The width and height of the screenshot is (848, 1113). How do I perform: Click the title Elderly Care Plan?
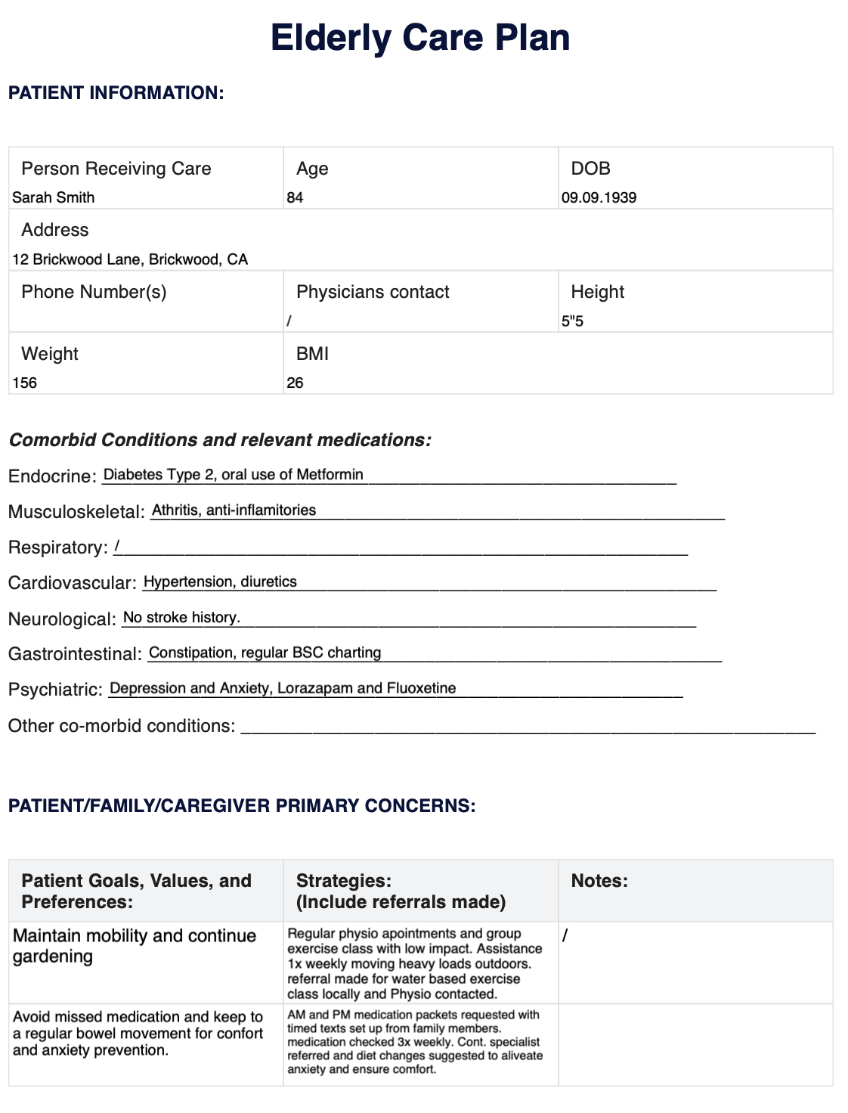click(420, 38)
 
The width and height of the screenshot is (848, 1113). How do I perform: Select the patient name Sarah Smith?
click(54, 198)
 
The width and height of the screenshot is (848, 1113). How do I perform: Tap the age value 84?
click(295, 198)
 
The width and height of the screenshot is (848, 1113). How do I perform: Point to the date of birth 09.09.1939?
click(599, 198)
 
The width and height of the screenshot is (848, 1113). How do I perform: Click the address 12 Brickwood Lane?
click(130, 260)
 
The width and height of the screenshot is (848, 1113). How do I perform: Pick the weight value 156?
click(25, 383)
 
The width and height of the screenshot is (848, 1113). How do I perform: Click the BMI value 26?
click(295, 383)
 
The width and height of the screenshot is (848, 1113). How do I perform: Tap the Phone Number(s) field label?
click(94, 293)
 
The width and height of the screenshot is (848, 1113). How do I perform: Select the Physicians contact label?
click(373, 293)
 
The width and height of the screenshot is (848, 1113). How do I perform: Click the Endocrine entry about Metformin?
click(233, 475)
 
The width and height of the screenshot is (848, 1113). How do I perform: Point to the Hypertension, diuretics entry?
click(220, 582)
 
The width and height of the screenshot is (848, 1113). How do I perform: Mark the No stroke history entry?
click(181, 618)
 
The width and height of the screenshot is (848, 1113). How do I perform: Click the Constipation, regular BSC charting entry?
click(265, 653)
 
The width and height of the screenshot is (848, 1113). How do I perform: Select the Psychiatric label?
click(55, 690)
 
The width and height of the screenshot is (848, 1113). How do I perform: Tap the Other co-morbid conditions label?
click(121, 727)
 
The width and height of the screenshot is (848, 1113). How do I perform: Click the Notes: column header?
click(599, 881)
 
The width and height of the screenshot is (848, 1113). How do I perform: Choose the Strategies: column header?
click(344, 881)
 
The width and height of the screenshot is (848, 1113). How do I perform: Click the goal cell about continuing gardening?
click(135, 946)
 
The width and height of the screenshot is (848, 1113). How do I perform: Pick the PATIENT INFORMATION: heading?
click(116, 93)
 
